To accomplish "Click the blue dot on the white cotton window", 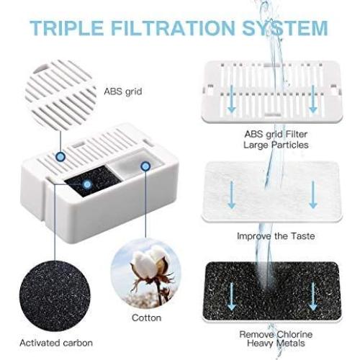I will click(x=145, y=166).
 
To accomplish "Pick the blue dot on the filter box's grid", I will click(x=61, y=156).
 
